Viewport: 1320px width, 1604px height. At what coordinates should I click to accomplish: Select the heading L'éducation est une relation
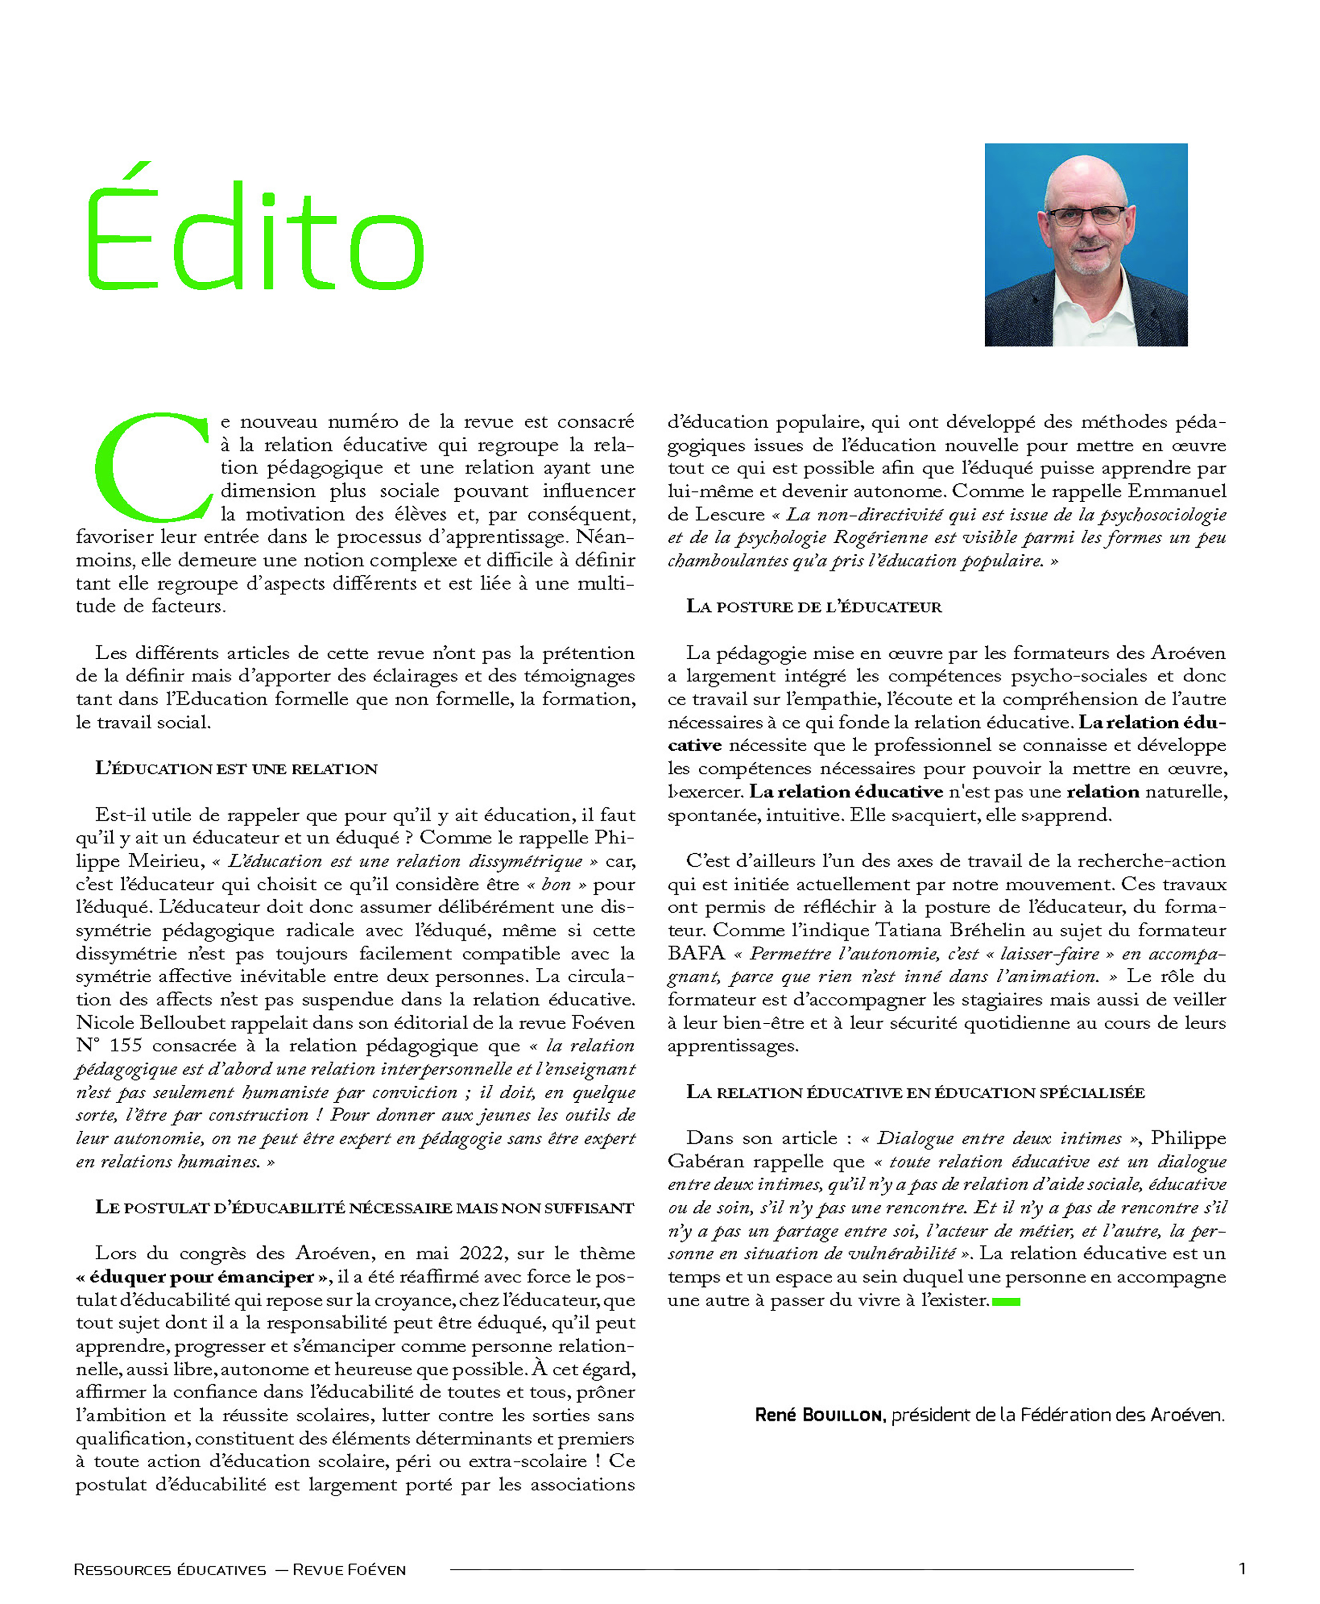point(236,768)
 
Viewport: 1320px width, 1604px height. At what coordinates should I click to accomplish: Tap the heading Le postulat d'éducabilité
point(363,1208)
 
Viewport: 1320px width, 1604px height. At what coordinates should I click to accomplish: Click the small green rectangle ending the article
point(1006,1301)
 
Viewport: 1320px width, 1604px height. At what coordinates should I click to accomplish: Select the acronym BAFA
point(696,953)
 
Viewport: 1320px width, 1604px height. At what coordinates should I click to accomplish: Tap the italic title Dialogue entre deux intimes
point(999,1138)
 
